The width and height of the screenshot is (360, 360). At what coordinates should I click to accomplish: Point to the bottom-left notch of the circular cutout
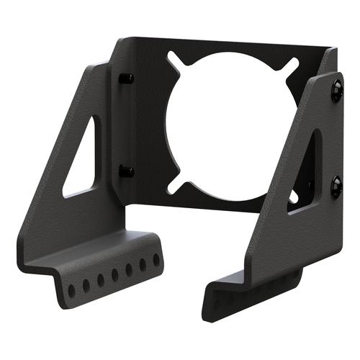(x=173, y=188)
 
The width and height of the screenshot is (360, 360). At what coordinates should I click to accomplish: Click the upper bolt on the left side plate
(x=126, y=78)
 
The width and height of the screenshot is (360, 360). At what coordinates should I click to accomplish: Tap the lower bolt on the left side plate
(x=127, y=171)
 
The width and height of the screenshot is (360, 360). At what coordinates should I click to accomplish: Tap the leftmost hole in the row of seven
(x=71, y=290)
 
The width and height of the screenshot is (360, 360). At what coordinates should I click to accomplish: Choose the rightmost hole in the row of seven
(x=156, y=259)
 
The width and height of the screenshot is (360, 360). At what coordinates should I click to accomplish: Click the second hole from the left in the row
(x=86, y=285)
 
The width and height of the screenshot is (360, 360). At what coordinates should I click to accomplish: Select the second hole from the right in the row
(x=143, y=264)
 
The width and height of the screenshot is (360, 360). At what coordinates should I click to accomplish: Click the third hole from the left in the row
(x=100, y=279)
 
